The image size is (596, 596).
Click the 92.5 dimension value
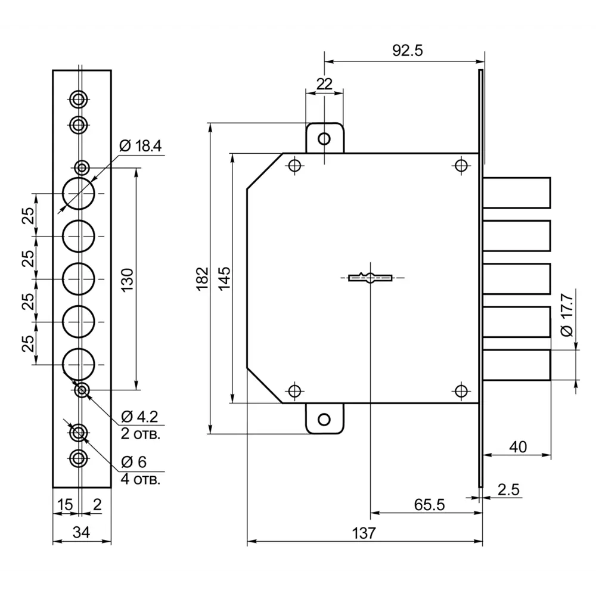pyautogui.click(x=408, y=50)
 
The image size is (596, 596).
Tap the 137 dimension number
pyautogui.click(x=364, y=533)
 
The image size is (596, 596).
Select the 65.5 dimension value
pyautogui.click(x=429, y=505)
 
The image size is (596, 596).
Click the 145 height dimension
pyautogui.click(x=224, y=278)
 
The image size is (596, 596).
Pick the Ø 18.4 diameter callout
pyautogui.click(x=140, y=146)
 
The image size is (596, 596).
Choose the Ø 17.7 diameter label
pyautogui.click(x=567, y=315)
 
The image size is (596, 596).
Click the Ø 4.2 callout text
pyautogui.click(x=139, y=417)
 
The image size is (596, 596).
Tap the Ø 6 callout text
pyautogui.click(x=134, y=462)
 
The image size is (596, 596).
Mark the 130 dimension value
pyautogui.click(x=128, y=280)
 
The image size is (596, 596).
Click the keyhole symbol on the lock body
pyautogui.click(x=370, y=278)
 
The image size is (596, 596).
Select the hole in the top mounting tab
pyautogui.click(x=324, y=139)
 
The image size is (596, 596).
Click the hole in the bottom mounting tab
pyautogui.click(x=324, y=420)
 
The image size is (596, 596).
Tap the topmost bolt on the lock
pyautogui.click(x=517, y=193)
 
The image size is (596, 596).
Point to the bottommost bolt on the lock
pyautogui.click(x=517, y=365)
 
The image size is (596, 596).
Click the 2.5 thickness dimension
pyautogui.click(x=508, y=489)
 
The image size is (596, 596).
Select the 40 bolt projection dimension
pyautogui.click(x=518, y=447)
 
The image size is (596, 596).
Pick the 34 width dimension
pyautogui.click(x=81, y=532)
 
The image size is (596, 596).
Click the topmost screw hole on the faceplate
pyautogui.click(x=79, y=100)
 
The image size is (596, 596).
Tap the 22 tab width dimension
pyautogui.click(x=324, y=83)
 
